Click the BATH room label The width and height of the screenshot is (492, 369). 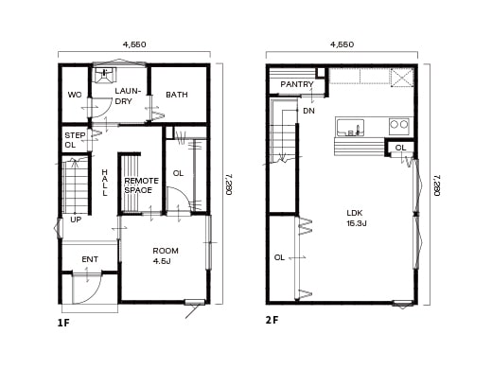pos(177,95)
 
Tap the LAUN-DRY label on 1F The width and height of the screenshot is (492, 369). pos(129,96)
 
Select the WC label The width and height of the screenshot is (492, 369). pos(74,95)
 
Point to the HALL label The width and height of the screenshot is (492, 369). pos(105,182)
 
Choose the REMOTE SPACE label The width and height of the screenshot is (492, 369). pos(141,184)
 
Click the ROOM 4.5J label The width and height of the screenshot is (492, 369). pos(166,256)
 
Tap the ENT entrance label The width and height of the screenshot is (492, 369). pos(90,258)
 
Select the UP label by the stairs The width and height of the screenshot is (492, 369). pos(75,220)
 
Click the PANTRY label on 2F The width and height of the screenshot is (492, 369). pos(296,84)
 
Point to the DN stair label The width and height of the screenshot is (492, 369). pos(308,111)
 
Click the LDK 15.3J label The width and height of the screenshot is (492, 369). pos(356,218)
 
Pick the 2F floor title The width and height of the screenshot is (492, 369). pos(272,320)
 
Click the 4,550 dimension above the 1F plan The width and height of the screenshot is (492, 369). pos(133,44)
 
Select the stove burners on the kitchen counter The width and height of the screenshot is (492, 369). pos(399,125)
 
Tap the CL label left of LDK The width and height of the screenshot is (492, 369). pos(279,257)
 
